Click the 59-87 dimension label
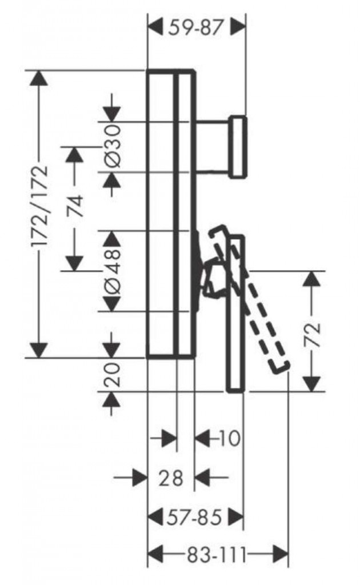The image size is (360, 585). [x=195, y=27]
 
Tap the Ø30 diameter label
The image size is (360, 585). [x=113, y=147]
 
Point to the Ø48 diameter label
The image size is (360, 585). [x=113, y=270]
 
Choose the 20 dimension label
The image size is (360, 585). [x=113, y=374]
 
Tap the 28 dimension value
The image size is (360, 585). [x=170, y=477]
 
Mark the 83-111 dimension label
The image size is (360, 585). [x=217, y=553]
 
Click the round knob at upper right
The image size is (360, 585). [x=238, y=146]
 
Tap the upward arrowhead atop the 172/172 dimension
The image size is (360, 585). [x=39, y=78]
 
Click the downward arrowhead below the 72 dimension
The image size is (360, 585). [x=311, y=383]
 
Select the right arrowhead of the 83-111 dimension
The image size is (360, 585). [x=281, y=553]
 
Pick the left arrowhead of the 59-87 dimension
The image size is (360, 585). [x=156, y=26]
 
